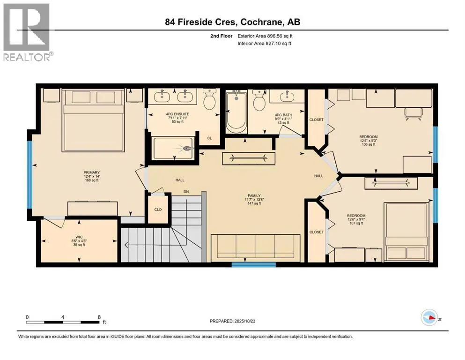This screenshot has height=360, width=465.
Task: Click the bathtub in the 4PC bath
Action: [x=236, y=112]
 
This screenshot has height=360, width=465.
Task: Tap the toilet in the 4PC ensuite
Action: [x=209, y=100]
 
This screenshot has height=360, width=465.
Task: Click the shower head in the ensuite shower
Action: [x=188, y=149]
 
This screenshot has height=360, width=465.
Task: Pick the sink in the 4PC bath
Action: [x=286, y=97]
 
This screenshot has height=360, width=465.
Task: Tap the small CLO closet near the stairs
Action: [x=158, y=209]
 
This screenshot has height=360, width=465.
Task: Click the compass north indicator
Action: [x=430, y=317]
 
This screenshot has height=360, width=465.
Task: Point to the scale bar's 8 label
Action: [x=99, y=317]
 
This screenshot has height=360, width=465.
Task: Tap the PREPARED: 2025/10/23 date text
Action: [x=238, y=321]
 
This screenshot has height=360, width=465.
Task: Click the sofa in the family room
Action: [x=255, y=247]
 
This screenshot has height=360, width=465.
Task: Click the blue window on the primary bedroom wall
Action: [x=30, y=174]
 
